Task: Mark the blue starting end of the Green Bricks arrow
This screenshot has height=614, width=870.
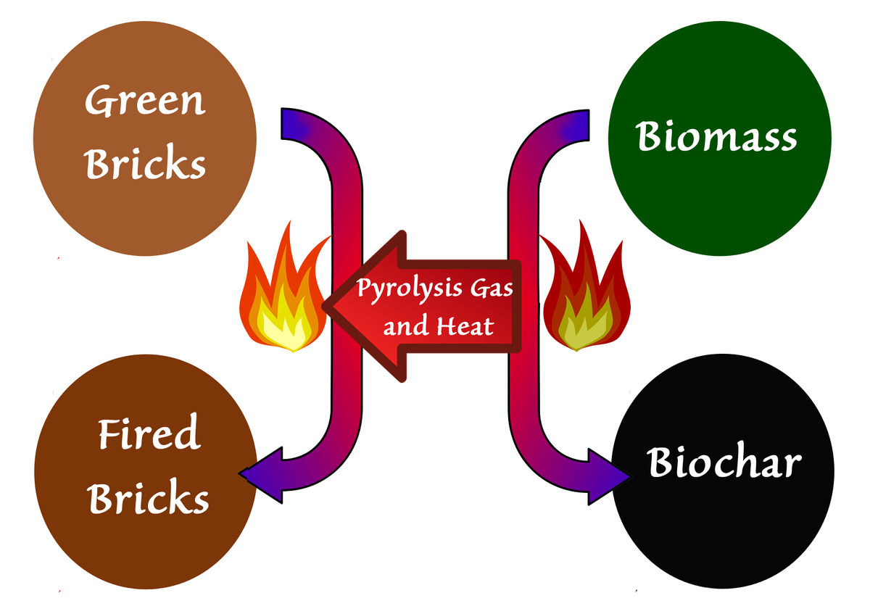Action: [x=291, y=123]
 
